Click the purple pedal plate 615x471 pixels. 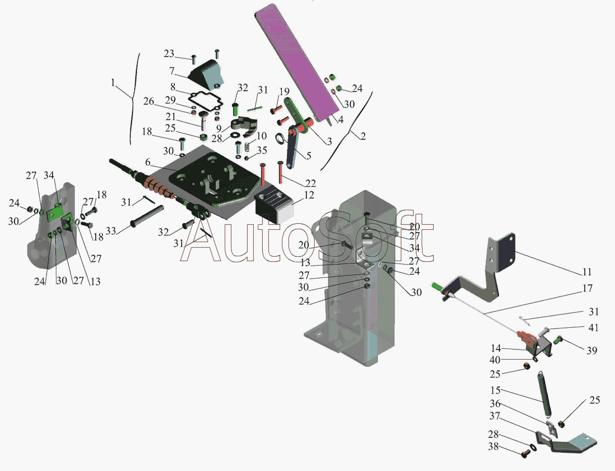(296, 63)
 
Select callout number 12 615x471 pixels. (309, 195)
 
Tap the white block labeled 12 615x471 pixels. (274, 207)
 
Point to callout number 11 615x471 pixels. (586, 272)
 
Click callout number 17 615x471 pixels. (587, 289)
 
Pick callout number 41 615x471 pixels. (593, 327)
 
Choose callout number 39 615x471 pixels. (592, 350)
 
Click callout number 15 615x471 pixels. (495, 390)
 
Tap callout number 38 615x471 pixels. (494, 446)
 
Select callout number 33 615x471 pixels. (111, 230)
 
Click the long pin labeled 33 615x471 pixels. (146, 216)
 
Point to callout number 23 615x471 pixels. (169, 53)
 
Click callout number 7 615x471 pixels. (172, 71)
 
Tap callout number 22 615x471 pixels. (311, 183)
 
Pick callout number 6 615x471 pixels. (148, 162)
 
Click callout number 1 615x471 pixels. (113, 83)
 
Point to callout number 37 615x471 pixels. (495, 416)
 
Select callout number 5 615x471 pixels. (309, 156)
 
